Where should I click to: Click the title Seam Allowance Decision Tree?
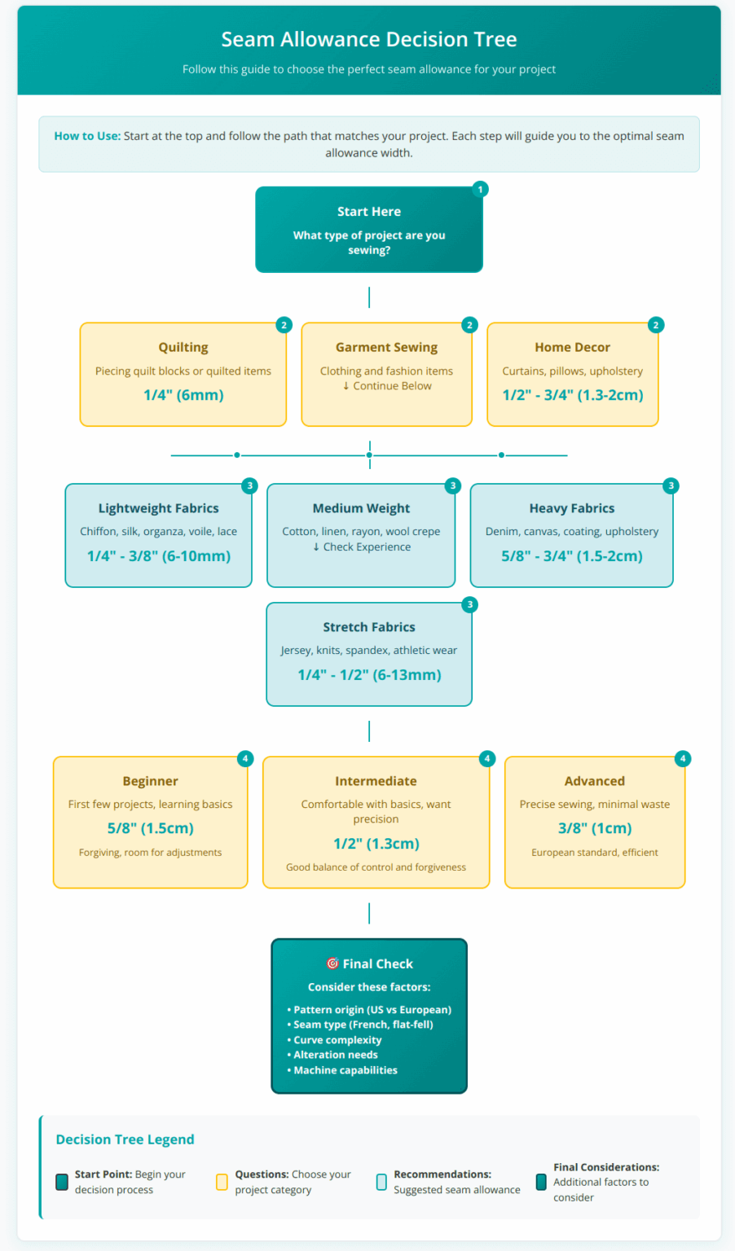[x=368, y=39]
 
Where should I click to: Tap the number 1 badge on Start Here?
[x=480, y=189]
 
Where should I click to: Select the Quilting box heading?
[x=183, y=347]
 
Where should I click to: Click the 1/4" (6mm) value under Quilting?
[x=183, y=395]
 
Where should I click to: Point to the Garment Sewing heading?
[x=386, y=347]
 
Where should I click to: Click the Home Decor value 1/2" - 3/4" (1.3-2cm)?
[x=572, y=395]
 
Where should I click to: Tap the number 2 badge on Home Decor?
[x=655, y=325]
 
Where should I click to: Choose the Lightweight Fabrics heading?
[x=158, y=508]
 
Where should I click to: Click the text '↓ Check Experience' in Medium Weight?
[x=361, y=547]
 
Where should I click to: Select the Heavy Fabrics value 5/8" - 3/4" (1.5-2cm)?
[x=571, y=556]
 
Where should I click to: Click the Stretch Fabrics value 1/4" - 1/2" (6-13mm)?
[x=369, y=675]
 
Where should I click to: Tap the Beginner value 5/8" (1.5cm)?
[x=150, y=828]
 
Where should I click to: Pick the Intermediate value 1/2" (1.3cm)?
[x=376, y=844]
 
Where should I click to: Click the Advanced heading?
[x=594, y=781]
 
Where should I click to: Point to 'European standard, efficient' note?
[x=594, y=853]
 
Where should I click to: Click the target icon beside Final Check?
[x=332, y=963]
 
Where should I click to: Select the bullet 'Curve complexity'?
[x=337, y=1040]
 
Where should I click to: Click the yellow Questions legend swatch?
[x=222, y=1182]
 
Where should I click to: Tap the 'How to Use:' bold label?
[x=87, y=136]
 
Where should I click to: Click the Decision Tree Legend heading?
[x=125, y=1139]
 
